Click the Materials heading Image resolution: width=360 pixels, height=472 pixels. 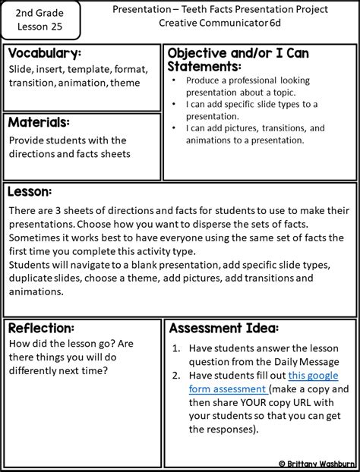pyautogui.click(x=39, y=122)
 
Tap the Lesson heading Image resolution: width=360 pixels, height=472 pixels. pyautogui.click(x=30, y=191)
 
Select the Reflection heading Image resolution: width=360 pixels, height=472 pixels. pyautogui.click(x=41, y=328)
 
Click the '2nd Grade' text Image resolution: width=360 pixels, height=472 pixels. pyautogui.click(x=42, y=13)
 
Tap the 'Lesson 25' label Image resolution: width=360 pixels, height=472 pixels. pyautogui.click(x=42, y=28)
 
